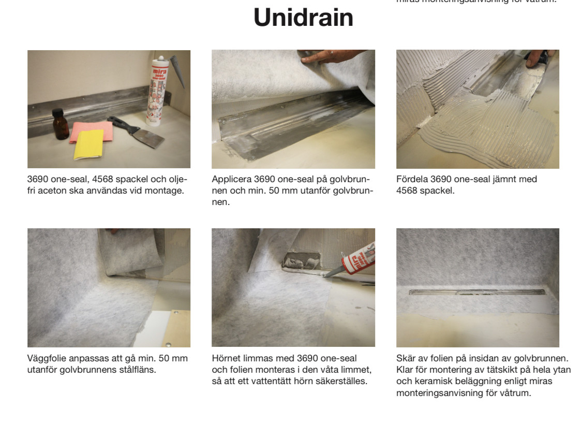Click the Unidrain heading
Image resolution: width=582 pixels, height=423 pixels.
point(303,18)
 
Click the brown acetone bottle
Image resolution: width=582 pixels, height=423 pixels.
point(61,125)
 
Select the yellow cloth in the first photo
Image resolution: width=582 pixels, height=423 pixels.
point(88,144)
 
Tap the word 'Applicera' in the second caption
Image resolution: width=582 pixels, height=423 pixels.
point(231,179)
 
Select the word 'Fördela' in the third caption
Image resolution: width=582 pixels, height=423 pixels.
point(412,179)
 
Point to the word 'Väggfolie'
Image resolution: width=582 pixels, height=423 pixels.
point(47,358)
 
